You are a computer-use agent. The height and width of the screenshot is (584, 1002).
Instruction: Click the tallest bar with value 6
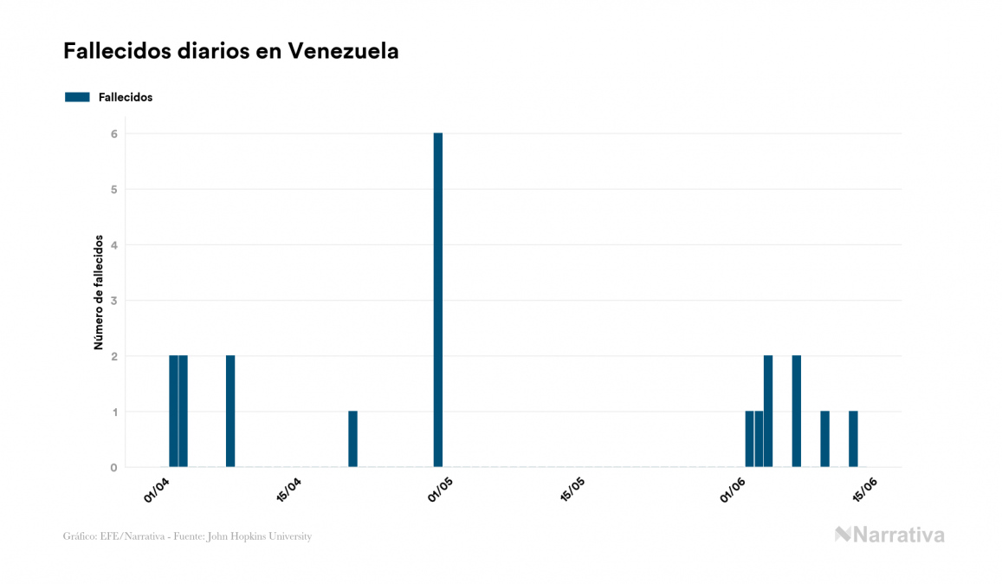point(437,299)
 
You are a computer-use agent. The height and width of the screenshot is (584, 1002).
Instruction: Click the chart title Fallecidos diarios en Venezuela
point(231,51)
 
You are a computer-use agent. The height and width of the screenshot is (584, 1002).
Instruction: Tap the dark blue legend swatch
point(77,97)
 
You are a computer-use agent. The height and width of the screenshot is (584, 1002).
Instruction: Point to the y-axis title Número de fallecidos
point(99,292)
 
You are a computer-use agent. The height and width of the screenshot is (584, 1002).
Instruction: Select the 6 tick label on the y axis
point(113,133)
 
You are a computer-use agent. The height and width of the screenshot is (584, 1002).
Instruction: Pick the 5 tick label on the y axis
point(113,189)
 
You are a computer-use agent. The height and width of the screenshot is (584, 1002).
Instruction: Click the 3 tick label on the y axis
point(113,301)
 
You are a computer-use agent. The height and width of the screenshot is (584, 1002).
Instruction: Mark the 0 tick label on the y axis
point(113,468)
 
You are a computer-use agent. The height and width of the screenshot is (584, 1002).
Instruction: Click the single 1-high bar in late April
point(352,439)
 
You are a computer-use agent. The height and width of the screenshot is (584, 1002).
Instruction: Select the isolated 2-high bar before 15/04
point(230,412)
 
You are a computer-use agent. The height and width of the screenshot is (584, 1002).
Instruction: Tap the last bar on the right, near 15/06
point(853,439)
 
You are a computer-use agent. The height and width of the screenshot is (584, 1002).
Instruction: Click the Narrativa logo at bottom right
point(889,535)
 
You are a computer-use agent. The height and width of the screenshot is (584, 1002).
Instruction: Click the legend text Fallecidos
point(126,97)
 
